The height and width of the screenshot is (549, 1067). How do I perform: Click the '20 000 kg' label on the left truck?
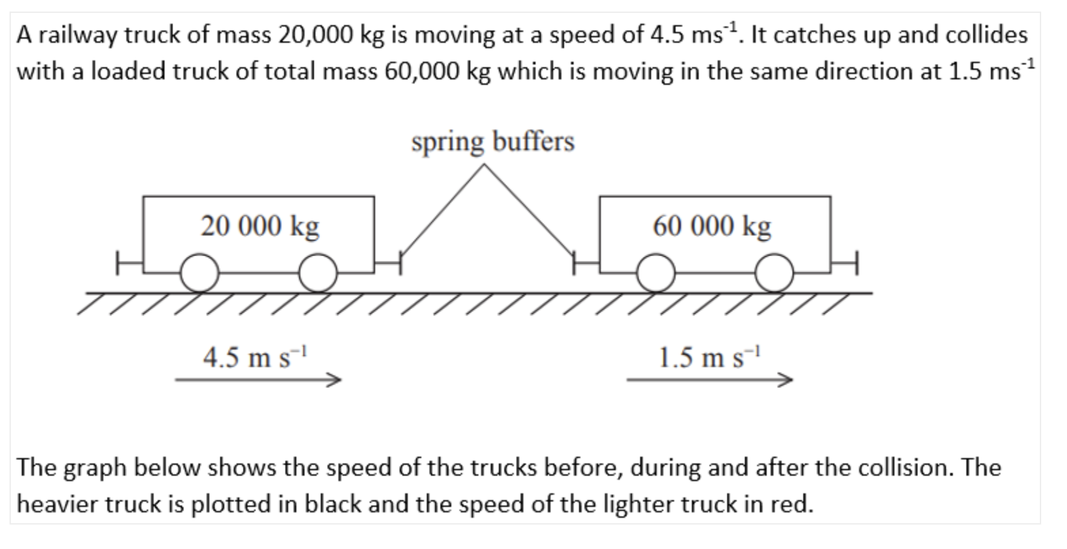260,226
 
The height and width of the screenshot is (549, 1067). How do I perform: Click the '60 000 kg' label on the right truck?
712,226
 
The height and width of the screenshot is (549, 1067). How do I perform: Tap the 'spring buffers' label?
493,142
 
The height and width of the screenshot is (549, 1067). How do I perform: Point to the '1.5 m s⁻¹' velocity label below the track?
711,357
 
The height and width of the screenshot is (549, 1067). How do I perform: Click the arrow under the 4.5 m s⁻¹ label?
258,380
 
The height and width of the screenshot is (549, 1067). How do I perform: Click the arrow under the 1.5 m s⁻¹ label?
710,380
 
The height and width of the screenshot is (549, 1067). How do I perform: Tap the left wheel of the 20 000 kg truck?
200,273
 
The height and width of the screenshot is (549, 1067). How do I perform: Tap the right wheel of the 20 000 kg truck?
318,273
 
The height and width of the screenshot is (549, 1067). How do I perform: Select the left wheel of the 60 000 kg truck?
655,273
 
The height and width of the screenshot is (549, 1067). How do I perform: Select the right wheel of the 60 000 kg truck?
774,273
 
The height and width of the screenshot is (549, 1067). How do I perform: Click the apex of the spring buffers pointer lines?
483,165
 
